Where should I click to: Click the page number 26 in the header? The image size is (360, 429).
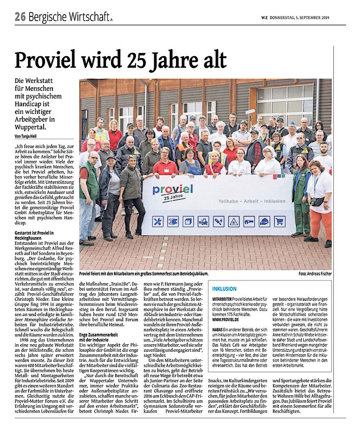(19, 17)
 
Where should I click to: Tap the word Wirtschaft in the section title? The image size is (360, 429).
(89, 17)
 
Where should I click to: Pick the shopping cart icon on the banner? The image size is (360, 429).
(279, 221)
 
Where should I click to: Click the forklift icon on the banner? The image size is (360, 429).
(203, 221)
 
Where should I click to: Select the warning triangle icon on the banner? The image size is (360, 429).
(233, 221)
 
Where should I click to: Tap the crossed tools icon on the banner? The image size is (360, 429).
(158, 221)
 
